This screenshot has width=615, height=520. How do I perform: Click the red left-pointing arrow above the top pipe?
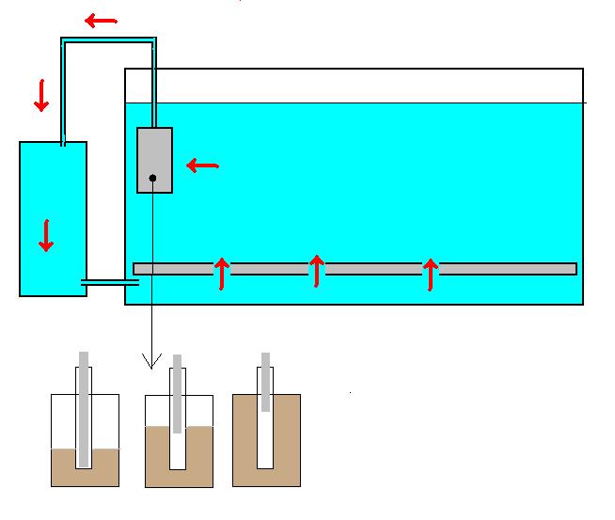102,21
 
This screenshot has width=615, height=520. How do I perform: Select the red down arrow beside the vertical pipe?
41,95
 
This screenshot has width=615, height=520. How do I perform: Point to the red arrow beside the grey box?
202,166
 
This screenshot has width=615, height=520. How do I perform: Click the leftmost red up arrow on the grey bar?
222,273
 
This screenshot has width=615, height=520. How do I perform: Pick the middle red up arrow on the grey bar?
317,272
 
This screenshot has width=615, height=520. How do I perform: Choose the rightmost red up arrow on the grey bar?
430,273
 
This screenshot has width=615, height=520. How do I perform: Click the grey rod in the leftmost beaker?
84,409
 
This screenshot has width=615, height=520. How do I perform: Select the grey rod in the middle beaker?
176,395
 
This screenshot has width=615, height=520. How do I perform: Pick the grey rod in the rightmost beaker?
266,382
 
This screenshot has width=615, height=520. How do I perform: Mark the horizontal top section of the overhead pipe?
108,39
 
